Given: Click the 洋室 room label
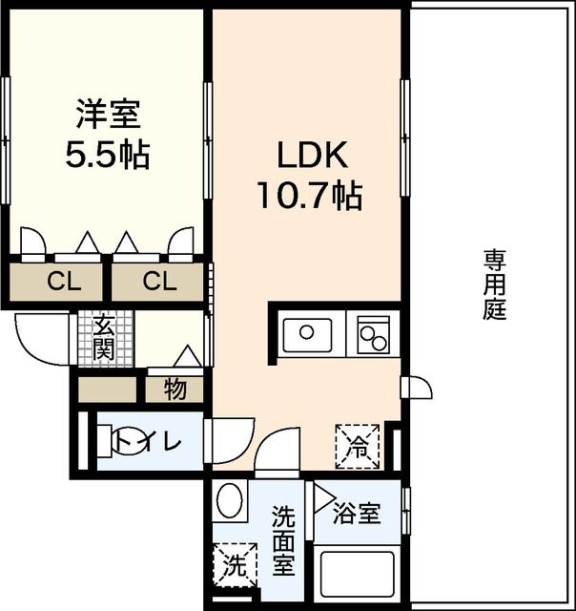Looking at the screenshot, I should click(108, 115).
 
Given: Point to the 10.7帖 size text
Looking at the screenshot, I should click(307, 196).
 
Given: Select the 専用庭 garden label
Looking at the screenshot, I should click(493, 284).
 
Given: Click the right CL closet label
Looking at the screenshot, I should click(159, 281).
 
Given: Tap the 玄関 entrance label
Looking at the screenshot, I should click(104, 337).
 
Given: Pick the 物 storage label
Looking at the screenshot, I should click(175, 389).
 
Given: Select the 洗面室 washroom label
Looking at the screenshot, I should click(283, 539).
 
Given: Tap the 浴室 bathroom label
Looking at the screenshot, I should click(358, 514).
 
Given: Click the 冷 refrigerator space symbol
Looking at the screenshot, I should click(357, 444).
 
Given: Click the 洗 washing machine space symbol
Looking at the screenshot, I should click(233, 563).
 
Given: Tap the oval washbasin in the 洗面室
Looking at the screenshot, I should click(229, 500).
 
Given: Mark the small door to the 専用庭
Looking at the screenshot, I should click(417, 389).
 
